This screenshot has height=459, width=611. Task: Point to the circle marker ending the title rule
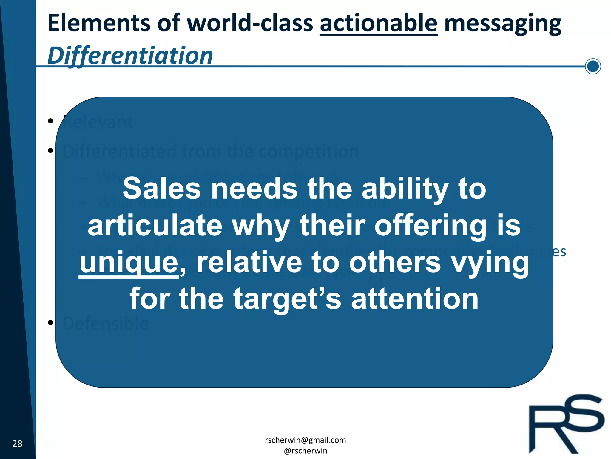tap(593, 66)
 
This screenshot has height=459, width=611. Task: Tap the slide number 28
tap(17, 444)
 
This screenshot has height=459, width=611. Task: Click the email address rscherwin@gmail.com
tap(305, 440)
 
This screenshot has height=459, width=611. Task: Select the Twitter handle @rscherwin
tap(305, 451)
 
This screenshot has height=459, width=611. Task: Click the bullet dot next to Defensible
tap(50, 322)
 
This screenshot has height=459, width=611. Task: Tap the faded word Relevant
tap(98, 123)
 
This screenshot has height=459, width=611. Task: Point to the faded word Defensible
tap(106, 323)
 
